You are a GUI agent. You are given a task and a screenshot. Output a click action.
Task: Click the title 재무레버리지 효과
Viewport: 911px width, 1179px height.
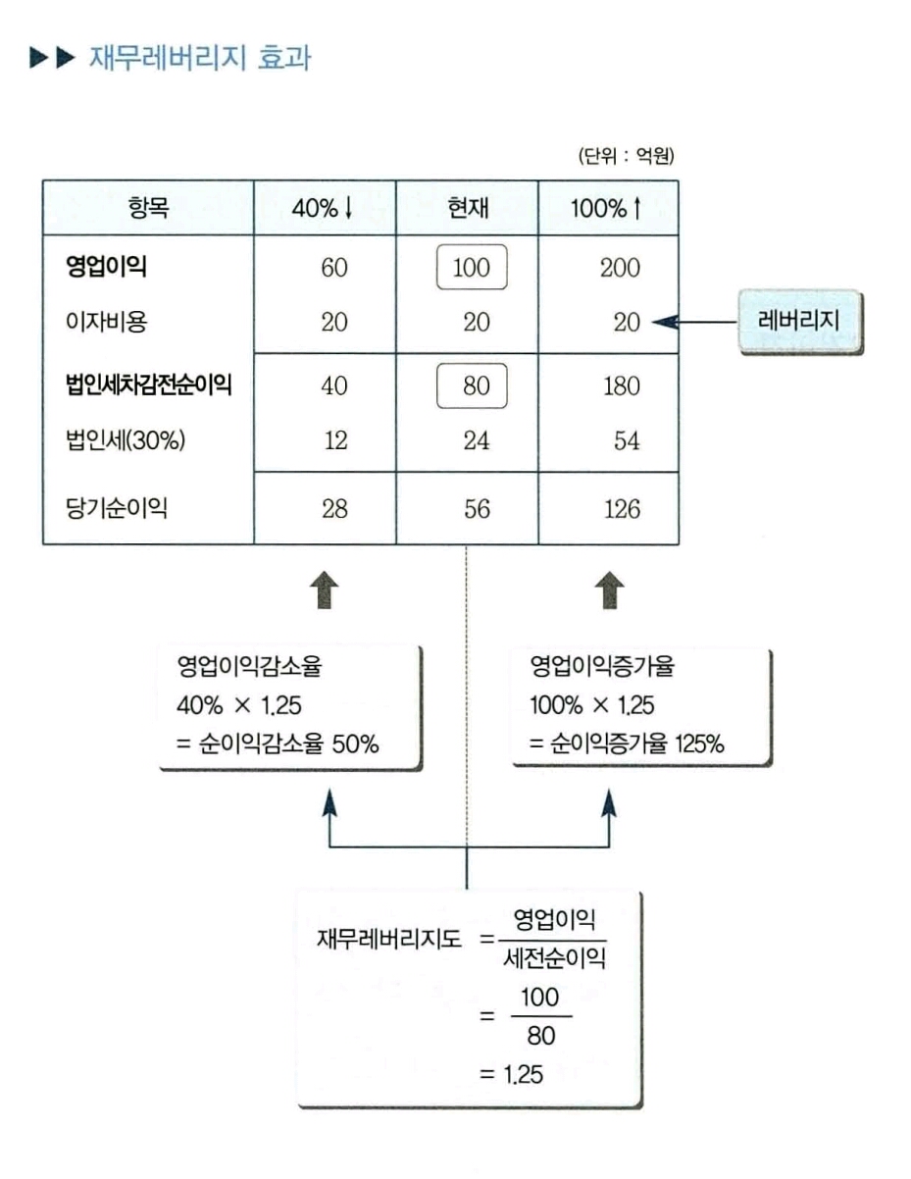[x=200, y=58]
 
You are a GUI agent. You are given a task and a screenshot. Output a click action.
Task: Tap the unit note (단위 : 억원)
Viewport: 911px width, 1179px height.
[x=627, y=156]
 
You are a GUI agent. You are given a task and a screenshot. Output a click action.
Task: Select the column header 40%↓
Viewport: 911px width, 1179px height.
[x=324, y=208]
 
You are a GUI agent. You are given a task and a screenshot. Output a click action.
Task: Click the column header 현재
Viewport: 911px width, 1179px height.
[x=468, y=208]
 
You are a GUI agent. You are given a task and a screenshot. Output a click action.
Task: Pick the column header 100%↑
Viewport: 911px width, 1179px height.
[x=607, y=208]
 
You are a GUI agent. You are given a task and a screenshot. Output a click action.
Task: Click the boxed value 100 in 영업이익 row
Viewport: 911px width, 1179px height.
[x=472, y=267]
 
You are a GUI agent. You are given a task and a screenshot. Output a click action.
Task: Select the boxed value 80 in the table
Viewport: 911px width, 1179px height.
[x=472, y=385]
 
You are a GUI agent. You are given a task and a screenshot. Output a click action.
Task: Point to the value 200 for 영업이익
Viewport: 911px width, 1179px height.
[x=620, y=268]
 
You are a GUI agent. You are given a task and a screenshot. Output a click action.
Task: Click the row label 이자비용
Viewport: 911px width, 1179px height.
[x=106, y=322]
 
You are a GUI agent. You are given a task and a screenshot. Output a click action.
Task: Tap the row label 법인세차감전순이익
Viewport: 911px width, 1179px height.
[x=149, y=385]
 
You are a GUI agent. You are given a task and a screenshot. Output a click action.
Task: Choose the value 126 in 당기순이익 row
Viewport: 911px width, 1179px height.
[x=622, y=509]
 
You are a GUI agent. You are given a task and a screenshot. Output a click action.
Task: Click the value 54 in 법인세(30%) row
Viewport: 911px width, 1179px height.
[x=627, y=440]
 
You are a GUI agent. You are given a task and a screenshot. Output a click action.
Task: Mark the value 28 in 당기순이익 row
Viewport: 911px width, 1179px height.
[x=334, y=509]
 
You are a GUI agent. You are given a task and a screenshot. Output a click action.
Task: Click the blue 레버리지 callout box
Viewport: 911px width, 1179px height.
[x=799, y=322]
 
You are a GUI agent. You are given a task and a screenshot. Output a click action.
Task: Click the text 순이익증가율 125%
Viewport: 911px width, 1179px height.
[x=637, y=743]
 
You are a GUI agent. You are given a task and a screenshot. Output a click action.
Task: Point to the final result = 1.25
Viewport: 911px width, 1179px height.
[x=511, y=1074]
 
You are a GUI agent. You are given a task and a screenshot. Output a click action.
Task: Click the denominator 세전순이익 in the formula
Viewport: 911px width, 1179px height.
[x=554, y=958]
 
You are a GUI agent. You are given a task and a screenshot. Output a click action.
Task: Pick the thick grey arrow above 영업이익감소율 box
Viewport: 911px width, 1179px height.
[x=325, y=589]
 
